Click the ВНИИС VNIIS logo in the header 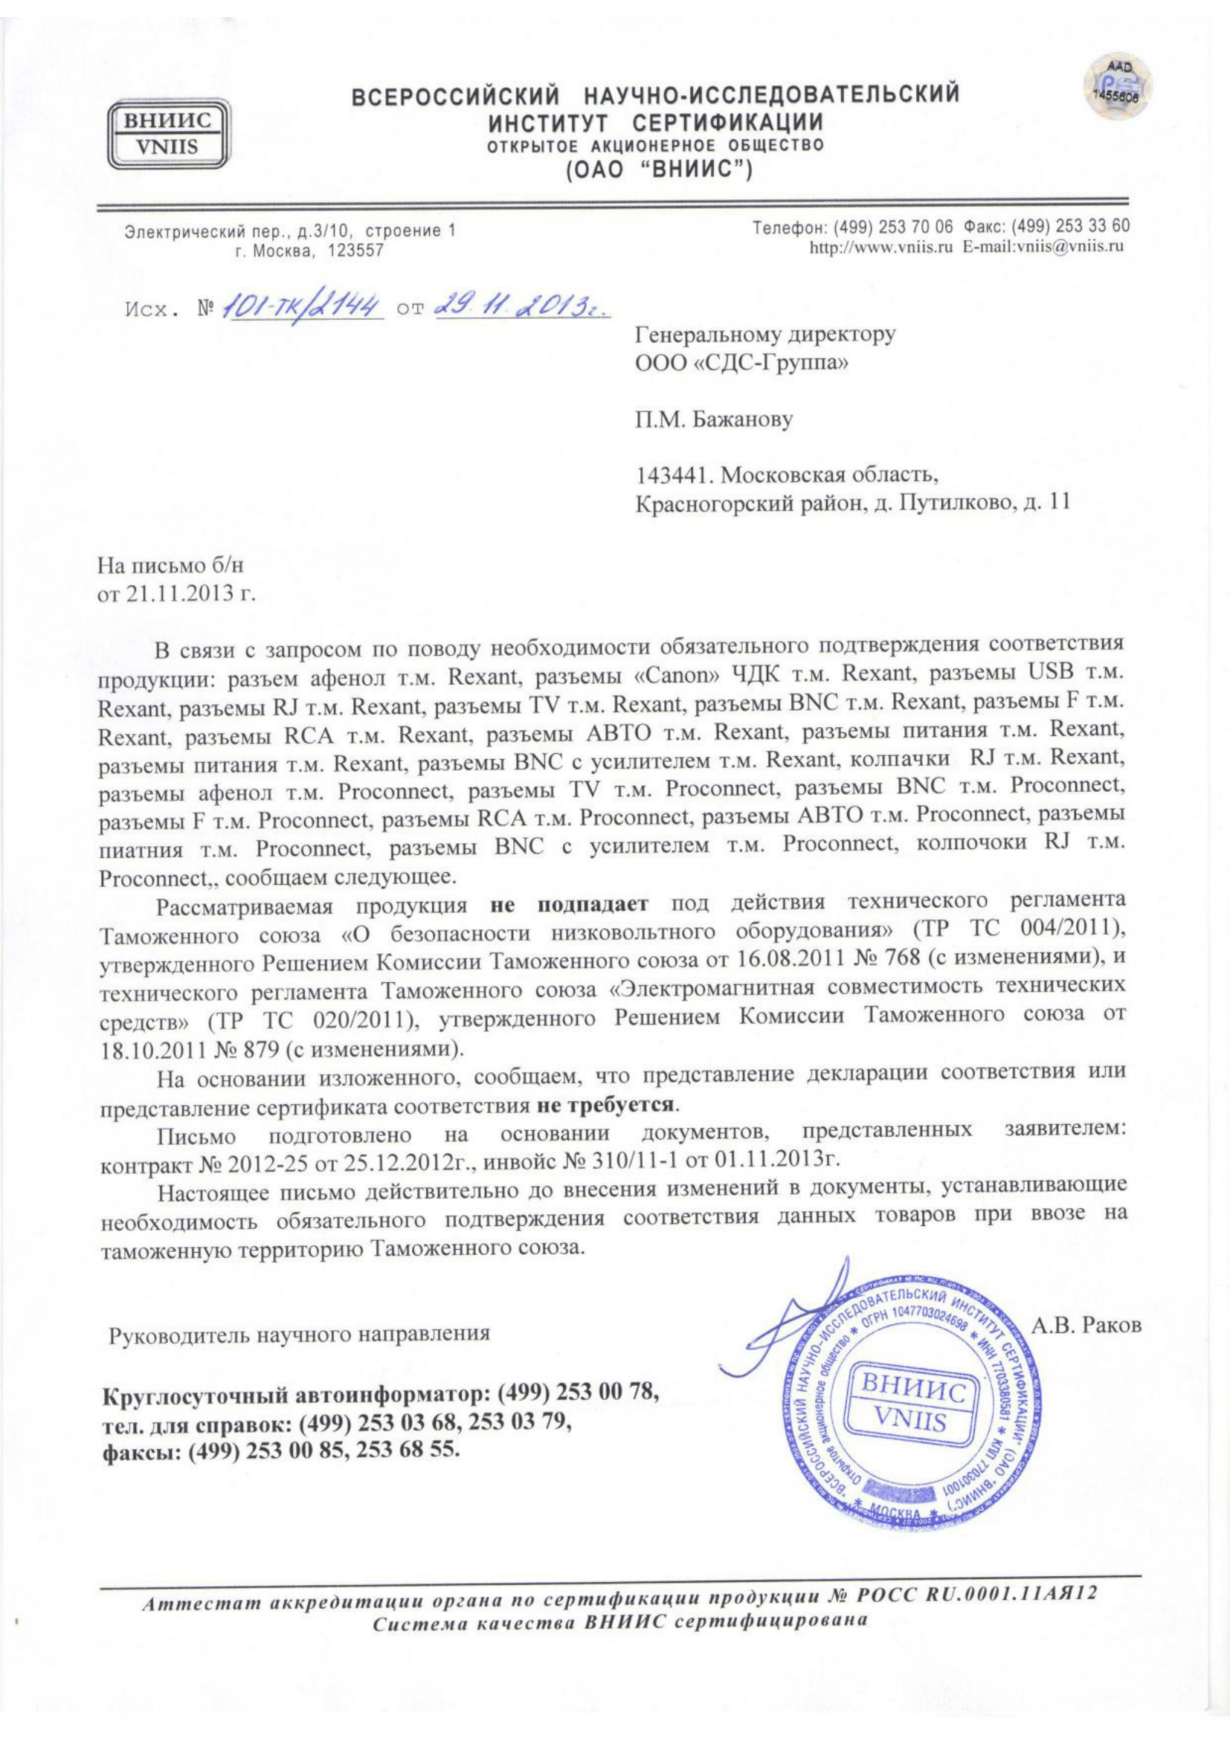[167, 135]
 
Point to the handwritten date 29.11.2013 [522, 307]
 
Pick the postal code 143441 [674, 475]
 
